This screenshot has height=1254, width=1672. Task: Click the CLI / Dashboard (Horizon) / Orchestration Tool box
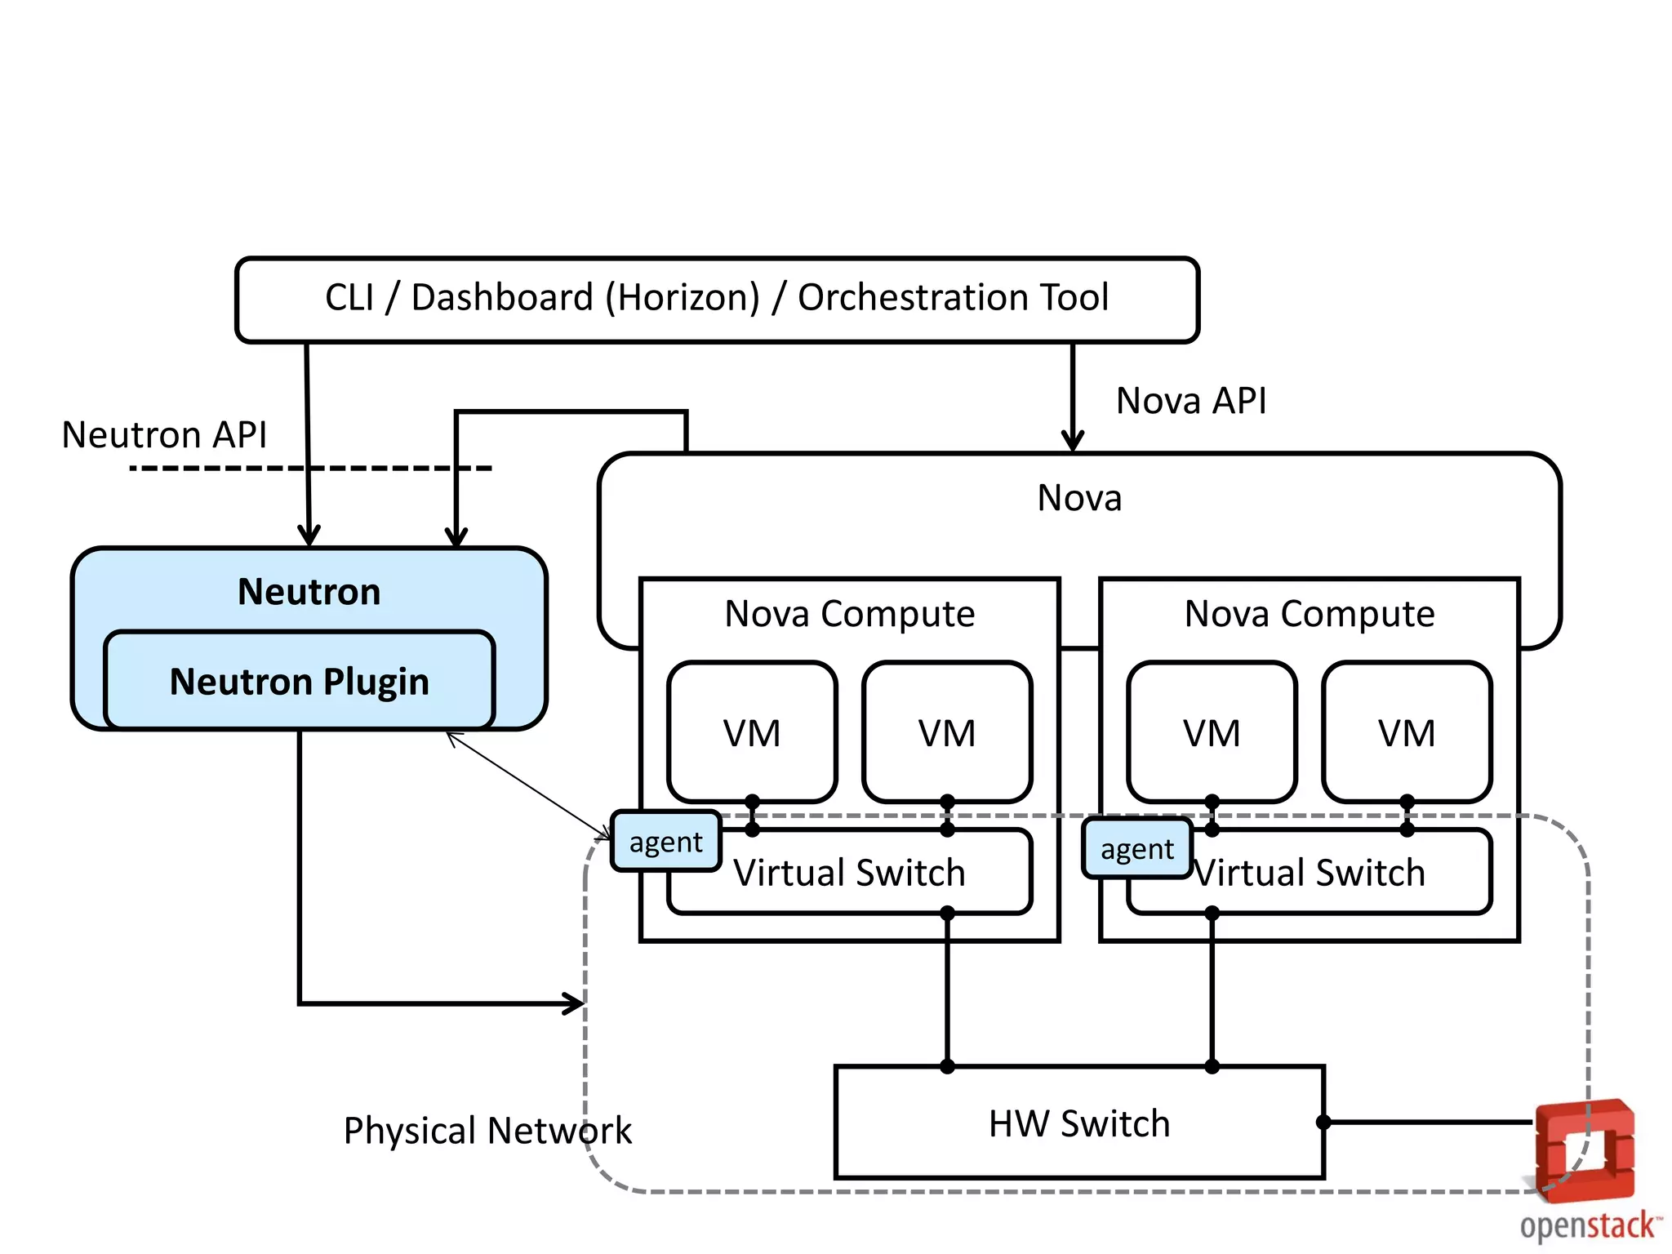coord(717,299)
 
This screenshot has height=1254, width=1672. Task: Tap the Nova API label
coord(1190,402)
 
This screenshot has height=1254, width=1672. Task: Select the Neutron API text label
coord(164,435)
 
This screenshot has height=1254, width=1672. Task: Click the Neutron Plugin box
coord(300,682)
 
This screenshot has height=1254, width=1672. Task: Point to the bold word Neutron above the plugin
coord(309,592)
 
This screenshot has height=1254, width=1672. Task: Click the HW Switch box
coord(1078,1123)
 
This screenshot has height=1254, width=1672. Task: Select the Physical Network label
coord(487,1131)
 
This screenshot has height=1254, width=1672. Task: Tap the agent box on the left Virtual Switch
coord(665,842)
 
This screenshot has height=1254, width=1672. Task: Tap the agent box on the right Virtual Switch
coord(1136,850)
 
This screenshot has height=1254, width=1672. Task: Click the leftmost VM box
coord(752,732)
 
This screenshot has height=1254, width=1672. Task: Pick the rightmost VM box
coord(1407,732)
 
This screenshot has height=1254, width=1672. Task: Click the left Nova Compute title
coord(849,614)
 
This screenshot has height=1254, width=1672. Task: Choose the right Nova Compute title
coord(1309,614)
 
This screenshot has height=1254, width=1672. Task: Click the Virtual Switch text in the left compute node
coord(849,873)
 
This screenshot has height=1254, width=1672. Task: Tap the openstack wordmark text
coord(1589,1226)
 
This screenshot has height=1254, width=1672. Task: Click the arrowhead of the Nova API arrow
coord(1072,442)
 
